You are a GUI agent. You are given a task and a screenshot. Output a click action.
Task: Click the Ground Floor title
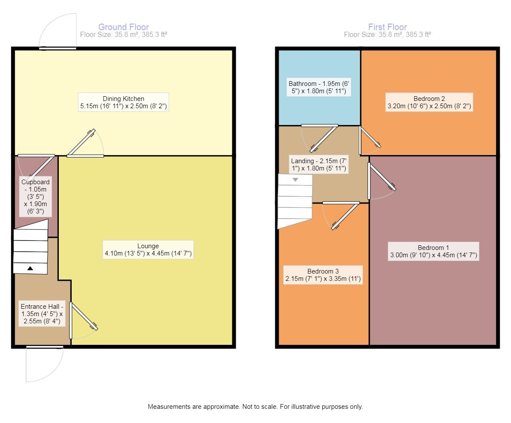point(123,27)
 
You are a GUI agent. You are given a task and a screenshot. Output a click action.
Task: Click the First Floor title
point(387,27)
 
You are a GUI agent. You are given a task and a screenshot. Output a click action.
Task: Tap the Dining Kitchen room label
point(123,102)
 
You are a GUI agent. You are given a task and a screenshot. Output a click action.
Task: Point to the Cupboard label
point(36,196)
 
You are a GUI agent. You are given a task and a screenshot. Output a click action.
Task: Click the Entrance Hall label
point(42,313)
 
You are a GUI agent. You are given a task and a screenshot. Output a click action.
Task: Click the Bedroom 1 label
point(433,251)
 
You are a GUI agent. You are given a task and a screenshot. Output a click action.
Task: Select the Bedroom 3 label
point(323,275)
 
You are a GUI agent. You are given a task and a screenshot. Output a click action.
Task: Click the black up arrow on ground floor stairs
point(30,268)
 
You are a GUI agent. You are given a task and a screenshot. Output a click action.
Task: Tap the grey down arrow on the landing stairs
point(295,180)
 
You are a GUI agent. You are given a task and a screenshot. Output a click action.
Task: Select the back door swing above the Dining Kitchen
point(58,31)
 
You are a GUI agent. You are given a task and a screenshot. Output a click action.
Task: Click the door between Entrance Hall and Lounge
point(84,317)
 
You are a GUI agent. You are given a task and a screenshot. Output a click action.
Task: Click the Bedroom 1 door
point(381,177)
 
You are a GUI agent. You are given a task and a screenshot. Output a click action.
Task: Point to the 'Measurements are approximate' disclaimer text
point(255,406)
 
